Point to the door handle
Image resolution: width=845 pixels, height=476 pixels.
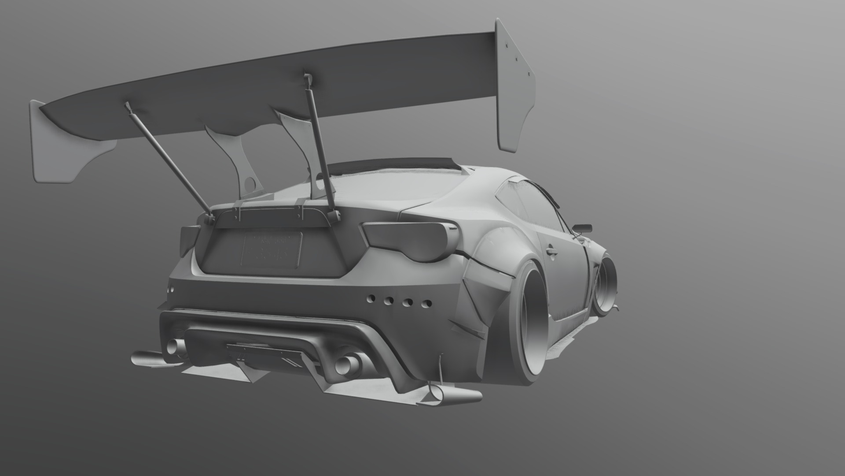coord(551,252)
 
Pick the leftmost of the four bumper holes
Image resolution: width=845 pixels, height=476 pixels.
coord(371,298)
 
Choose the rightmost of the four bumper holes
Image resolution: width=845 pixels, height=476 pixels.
coord(426,304)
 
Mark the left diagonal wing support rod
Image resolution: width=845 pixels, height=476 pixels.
coord(168,159)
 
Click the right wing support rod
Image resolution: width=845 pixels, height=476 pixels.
coord(320,145)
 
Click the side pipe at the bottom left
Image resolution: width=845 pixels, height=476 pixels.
coord(147,358)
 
